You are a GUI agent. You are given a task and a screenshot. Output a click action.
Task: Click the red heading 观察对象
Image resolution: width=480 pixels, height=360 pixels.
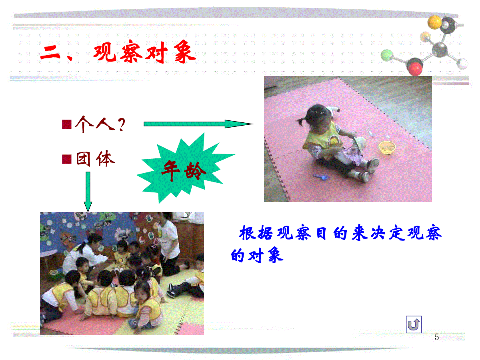[144, 52]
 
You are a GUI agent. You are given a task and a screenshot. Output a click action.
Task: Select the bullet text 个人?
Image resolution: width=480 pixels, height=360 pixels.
[100, 124]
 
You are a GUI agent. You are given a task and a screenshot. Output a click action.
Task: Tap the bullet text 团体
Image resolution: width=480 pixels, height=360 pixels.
[95, 159]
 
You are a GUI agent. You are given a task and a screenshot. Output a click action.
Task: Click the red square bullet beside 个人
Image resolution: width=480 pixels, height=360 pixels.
[67, 124]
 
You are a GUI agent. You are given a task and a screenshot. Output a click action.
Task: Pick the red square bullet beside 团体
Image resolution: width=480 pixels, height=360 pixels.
[67, 159]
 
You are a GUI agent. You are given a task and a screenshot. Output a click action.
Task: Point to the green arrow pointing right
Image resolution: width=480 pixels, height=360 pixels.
[198, 124]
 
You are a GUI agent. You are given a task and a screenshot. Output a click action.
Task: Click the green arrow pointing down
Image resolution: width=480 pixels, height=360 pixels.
[88, 192]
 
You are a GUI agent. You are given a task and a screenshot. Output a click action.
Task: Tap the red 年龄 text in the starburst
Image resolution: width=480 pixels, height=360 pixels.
[184, 170]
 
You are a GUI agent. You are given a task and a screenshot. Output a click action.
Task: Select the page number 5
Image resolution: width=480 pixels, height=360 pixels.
[437, 337]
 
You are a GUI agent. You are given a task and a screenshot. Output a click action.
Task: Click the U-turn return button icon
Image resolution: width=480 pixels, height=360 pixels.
[414, 324]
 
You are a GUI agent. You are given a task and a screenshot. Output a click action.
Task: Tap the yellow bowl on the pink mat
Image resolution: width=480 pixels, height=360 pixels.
[387, 147]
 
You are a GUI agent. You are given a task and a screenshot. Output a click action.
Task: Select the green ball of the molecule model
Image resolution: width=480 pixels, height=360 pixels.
[387, 55]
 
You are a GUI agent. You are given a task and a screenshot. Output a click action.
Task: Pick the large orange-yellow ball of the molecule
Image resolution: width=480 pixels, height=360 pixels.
[434, 22]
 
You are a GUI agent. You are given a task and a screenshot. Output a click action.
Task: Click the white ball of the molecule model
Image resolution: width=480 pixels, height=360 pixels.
[462, 64]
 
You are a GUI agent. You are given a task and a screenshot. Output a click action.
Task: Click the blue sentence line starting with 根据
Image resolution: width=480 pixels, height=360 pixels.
[340, 233]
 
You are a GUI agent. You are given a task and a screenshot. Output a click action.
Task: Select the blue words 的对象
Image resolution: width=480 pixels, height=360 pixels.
[257, 255]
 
